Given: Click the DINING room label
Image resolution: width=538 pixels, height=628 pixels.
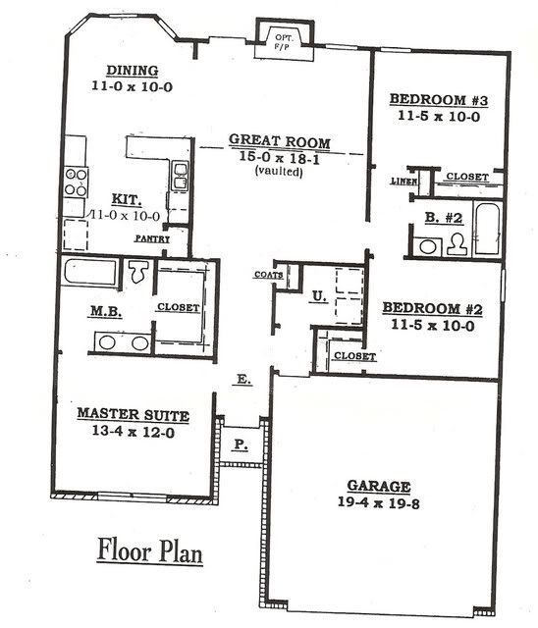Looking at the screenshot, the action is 133,71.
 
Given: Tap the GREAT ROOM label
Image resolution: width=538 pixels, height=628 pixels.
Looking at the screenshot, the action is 280,141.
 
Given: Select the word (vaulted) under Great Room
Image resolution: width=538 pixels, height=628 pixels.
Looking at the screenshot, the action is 279,171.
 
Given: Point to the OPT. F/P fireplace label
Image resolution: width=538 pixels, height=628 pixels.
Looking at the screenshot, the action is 284,41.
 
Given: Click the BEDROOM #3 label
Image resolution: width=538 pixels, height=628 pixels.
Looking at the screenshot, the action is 439,99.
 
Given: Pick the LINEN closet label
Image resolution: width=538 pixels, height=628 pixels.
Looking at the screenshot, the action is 403,181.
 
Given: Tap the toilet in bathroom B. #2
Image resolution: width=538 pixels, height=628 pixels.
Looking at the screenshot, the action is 457,244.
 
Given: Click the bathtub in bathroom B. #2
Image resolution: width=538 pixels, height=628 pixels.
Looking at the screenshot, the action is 488,229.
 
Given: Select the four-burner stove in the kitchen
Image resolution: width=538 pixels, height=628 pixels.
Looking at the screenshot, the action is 77,183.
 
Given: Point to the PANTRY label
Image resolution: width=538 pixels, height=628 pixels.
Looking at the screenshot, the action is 152,238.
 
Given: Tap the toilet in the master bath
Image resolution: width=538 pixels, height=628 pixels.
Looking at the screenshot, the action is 138,272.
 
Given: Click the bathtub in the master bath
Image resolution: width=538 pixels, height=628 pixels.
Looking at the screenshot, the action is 91,273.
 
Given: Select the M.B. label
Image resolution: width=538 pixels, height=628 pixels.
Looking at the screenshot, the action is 106,311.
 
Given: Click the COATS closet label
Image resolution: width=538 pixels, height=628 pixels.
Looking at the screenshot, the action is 269,275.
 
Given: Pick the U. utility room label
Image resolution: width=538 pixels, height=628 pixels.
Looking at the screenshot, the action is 319,296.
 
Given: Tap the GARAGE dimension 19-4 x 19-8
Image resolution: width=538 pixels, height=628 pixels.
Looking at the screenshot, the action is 379,502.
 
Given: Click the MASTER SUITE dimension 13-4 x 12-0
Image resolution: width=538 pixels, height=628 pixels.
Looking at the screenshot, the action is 134,432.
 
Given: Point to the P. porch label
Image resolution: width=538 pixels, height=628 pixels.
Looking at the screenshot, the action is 241,445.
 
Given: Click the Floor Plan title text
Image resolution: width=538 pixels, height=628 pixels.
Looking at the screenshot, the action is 150,550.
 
